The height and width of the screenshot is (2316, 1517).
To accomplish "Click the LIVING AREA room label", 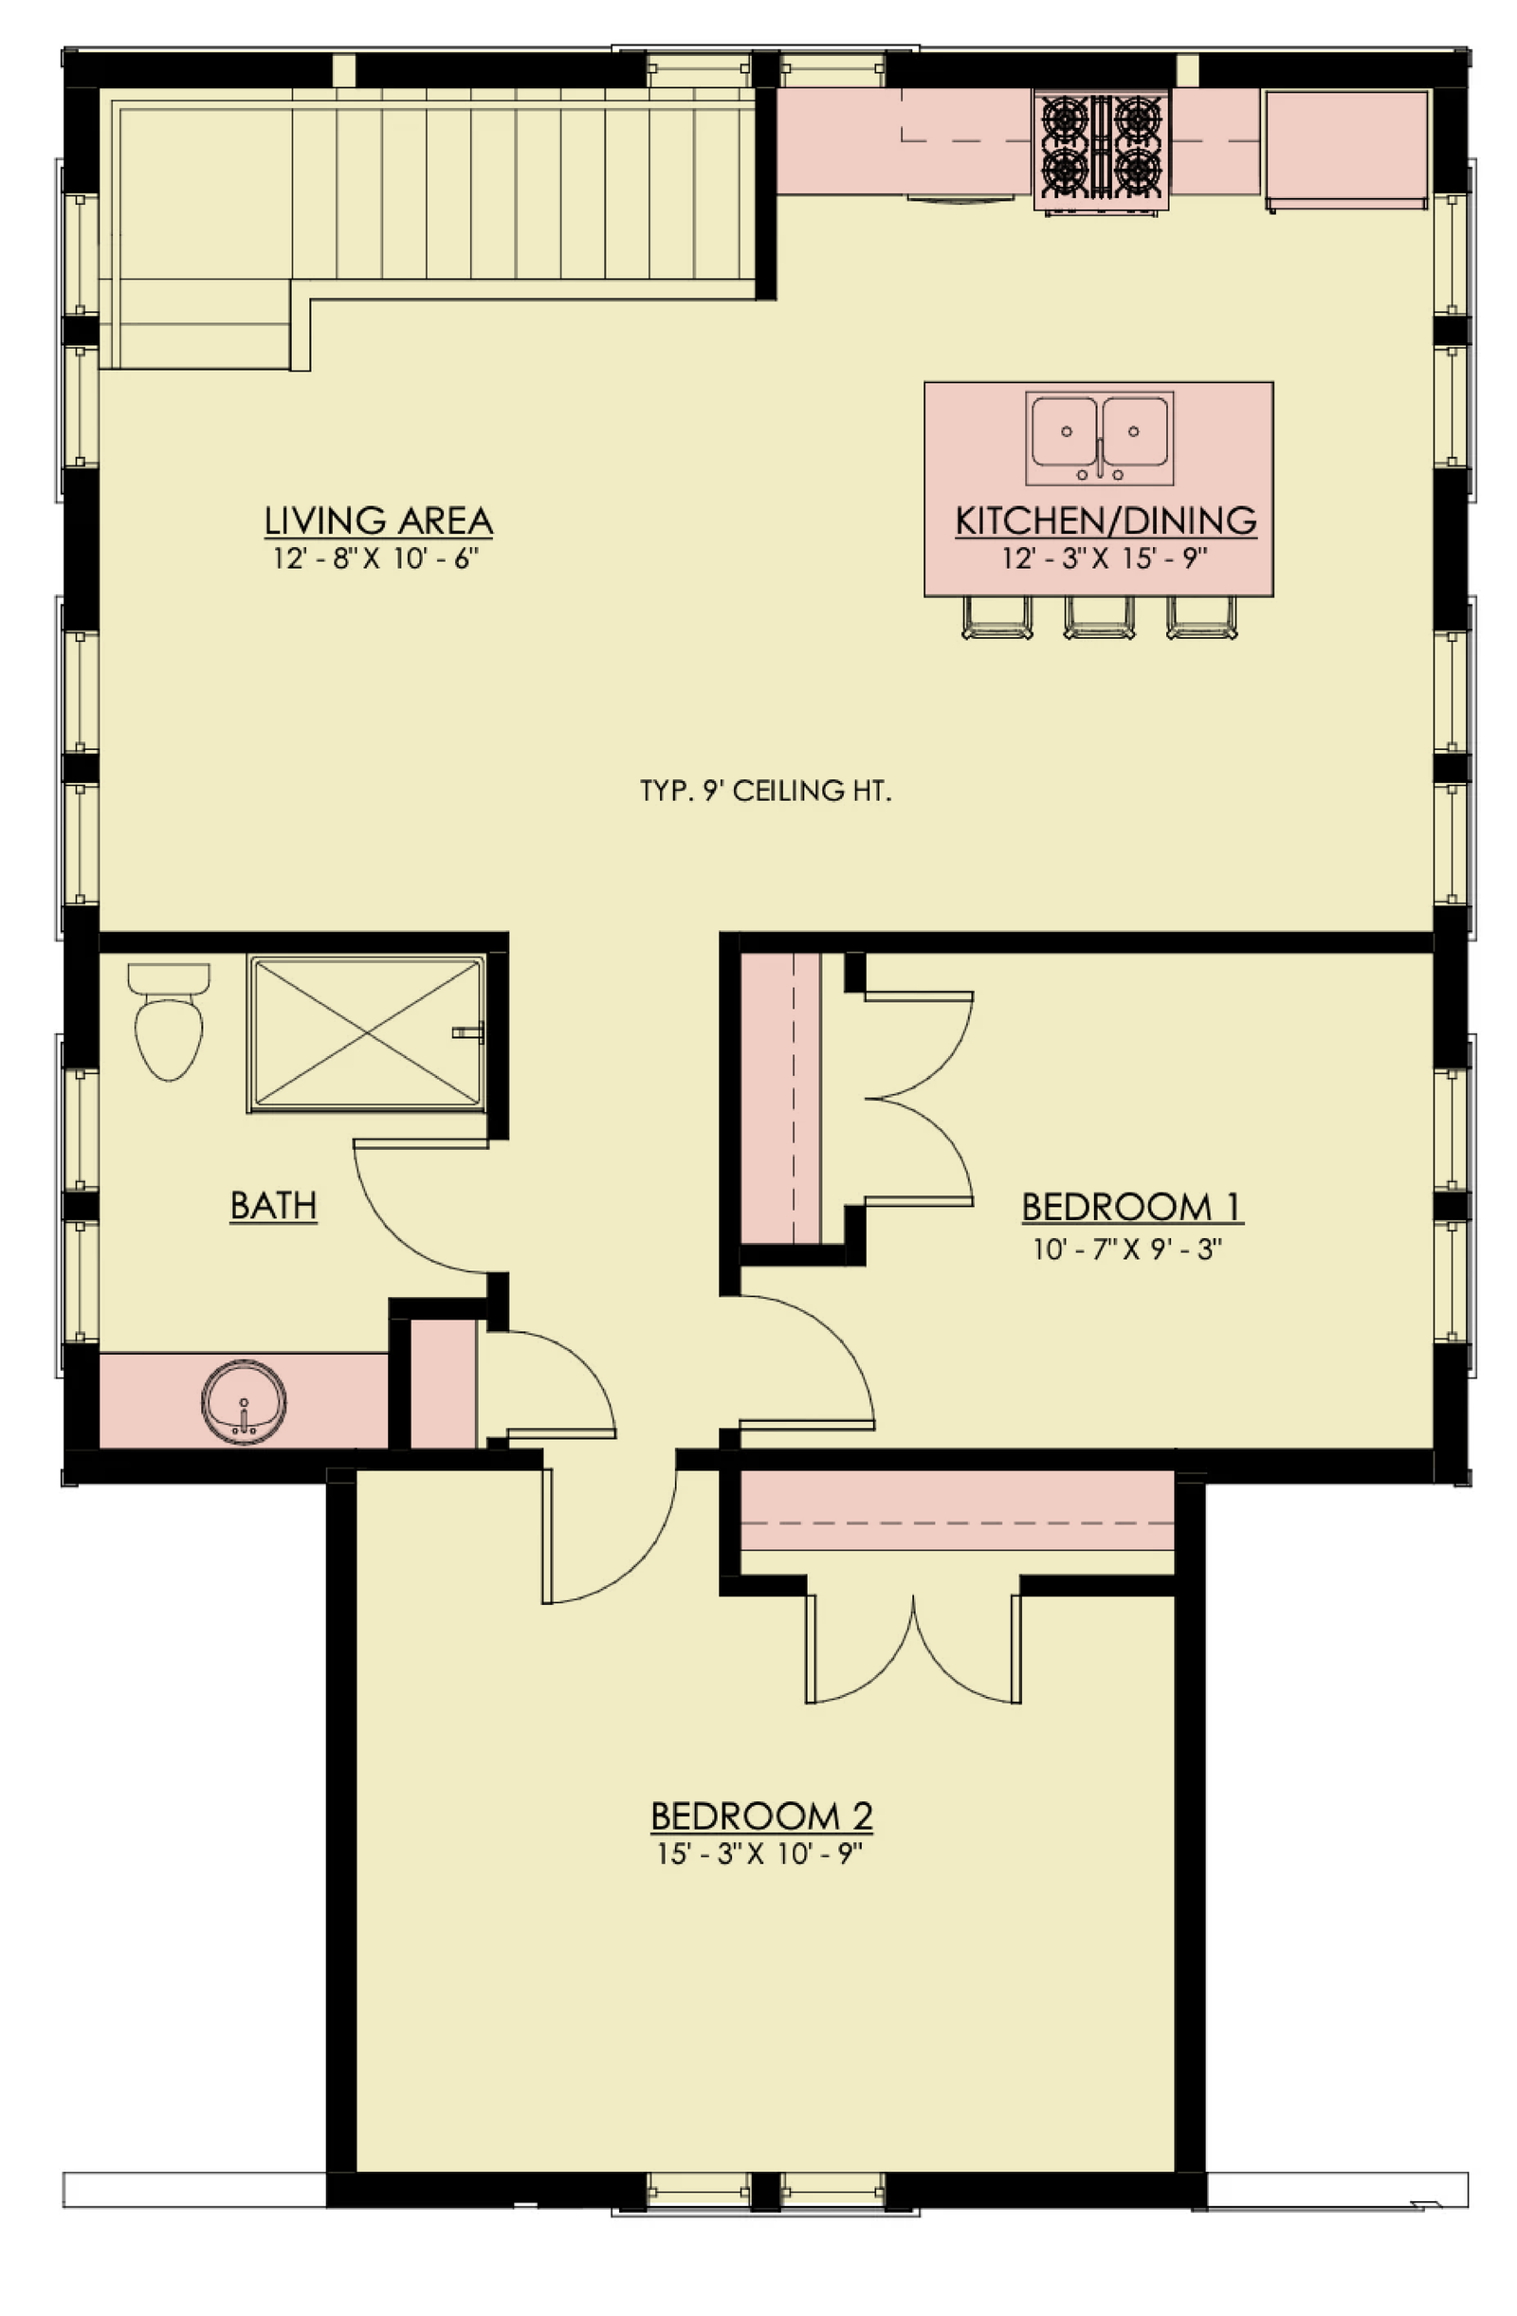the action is click(x=377, y=520).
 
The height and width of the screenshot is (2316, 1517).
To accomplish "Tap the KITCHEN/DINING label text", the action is click(x=1106, y=520).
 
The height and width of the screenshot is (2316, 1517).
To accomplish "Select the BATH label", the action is click(x=273, y=1206).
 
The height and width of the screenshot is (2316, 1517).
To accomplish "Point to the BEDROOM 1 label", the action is click(x=1132, y=1207).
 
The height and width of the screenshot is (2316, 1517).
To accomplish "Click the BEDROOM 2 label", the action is click(x=761, y=1816).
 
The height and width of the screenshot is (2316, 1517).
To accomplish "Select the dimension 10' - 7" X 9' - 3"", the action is click(x=1126, y=1249).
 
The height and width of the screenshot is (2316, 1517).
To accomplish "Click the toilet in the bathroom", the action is click(x=169, y=1021).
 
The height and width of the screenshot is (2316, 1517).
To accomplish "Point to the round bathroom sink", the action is click(x=245, y=1402).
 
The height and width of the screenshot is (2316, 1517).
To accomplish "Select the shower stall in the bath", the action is click(x=367, y=1033).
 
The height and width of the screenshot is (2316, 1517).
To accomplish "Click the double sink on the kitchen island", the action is click(x=1099, y=438).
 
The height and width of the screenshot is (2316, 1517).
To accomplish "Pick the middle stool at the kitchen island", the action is click(x=1099, y=617).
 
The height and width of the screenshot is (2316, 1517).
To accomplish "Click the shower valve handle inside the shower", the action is click(x=469, y=1031).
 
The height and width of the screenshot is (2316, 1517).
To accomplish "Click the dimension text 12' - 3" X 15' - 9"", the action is click(x=1105, y=558).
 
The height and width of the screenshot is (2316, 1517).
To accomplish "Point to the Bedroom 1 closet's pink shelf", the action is click(x=779, y=1098).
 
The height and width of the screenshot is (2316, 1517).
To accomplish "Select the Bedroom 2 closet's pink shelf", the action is click(x=958, y=1509).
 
